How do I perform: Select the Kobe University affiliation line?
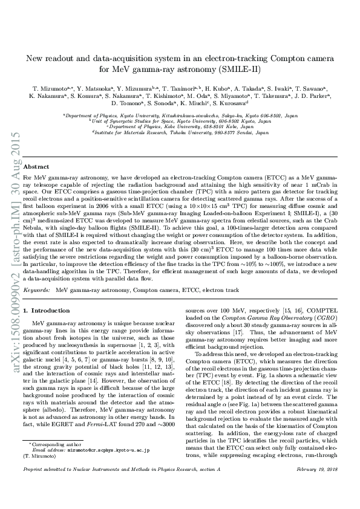pyautogui.click(x=180, y=127)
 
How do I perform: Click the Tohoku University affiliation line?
pyautogui.click(x=180, y=132)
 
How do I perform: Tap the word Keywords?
pyautogui.click(x=36, y=291)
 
